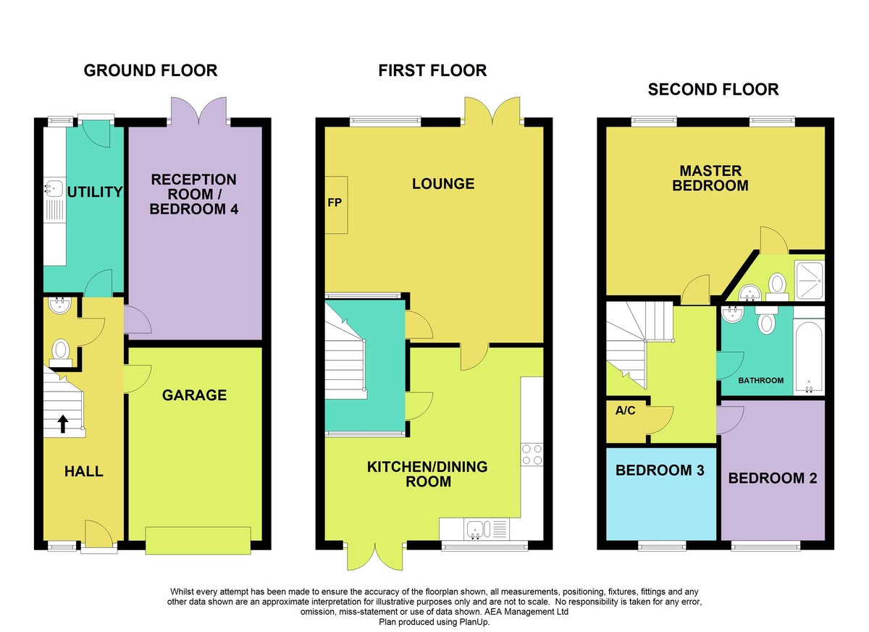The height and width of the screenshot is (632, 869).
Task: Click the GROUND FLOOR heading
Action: click(x=151, y=70)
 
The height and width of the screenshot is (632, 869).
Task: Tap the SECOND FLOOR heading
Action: click(x=713, y=90)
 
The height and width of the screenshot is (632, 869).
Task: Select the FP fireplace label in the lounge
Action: click(x=335, y=203)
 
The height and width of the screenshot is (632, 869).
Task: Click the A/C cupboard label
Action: click(x=625, y=410)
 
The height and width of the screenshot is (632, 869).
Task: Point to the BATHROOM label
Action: click(x=760, y=380)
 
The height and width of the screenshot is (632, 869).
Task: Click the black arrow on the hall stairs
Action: click(x=63, y=424)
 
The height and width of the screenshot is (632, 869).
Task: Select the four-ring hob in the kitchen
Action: click(x=532, y=455)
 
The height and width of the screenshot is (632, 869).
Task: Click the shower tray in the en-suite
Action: click(x=809, y=280)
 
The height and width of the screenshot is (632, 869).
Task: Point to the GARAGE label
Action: click(x=194, y=395)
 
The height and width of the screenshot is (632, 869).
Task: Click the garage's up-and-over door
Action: click(x=198, y=540)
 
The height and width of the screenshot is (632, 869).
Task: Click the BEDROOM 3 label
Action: click(x=660, y=471)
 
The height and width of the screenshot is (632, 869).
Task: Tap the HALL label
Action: click(x=84, y=471)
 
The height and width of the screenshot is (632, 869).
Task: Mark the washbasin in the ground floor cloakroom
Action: click(x=59, y=305)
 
